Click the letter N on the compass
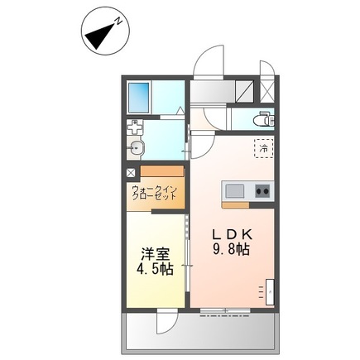click(119, 21)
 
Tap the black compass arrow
click(99, 36)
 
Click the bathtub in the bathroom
click(139, 98)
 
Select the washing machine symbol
click(135, 127)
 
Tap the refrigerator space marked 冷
click(263, 148)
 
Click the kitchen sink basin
click(235, 191)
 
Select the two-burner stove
click(262, 191)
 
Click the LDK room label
click(232, 234)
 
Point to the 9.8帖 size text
click(231, 249)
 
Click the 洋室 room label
click(156, 254)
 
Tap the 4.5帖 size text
click(155, 269)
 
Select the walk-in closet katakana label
click(154, 193)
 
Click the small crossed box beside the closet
click(131, 173)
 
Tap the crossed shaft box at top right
click(267, 91)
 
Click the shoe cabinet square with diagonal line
click(244, 91)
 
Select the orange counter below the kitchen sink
click(236, 205)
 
